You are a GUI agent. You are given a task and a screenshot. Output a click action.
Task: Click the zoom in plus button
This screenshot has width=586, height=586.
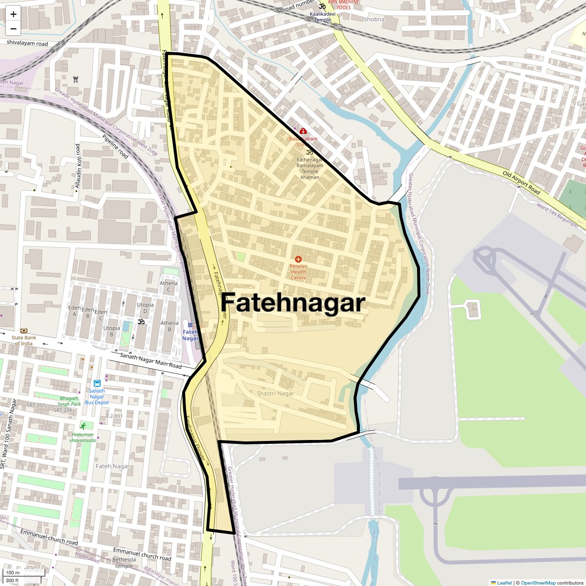(x=13, y=14)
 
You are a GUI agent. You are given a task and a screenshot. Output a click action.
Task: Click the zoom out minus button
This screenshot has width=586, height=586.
(x=13, y=28)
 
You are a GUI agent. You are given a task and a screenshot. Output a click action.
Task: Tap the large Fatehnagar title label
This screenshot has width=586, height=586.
(x=293, y=303)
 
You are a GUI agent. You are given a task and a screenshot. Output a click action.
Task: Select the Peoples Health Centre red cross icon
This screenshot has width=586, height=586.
(x=298, y=259)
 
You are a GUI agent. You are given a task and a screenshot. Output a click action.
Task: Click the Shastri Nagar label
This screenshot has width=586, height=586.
(x=275, y=393)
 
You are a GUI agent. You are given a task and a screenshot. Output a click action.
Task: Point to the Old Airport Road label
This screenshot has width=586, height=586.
(x=521, y=183)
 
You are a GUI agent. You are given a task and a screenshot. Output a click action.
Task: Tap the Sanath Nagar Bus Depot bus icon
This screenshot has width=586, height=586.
(x=97, y=383)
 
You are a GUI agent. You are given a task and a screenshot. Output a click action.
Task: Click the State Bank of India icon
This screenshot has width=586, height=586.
(x=23, y=331)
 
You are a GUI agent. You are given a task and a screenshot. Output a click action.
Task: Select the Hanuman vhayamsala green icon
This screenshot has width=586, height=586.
(x=83, y=426)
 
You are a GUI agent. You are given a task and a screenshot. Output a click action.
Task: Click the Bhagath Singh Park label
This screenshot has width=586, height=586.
(x=69, y=401)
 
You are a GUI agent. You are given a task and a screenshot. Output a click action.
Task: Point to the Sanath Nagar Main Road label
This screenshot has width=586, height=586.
(x=150, y=361)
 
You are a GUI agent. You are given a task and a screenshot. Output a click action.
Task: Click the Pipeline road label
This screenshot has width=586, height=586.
(x=116, y=146)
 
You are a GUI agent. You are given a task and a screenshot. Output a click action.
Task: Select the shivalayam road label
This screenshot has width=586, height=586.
(x=27, y=43)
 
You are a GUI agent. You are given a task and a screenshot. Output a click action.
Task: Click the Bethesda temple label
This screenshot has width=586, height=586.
(x=124, y=563)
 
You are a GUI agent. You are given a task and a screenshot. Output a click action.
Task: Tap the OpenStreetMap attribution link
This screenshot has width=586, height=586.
(x=538, y=583)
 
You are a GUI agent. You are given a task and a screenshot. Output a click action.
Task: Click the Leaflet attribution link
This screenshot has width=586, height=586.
(x=504, y=583)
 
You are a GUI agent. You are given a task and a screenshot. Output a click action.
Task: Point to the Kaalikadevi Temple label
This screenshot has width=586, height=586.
(x=322, y=17)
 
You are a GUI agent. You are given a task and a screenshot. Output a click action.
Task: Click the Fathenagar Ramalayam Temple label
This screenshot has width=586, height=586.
(x=310, y=166)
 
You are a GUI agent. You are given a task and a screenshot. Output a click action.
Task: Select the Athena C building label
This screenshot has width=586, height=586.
(x=168, y=286)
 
